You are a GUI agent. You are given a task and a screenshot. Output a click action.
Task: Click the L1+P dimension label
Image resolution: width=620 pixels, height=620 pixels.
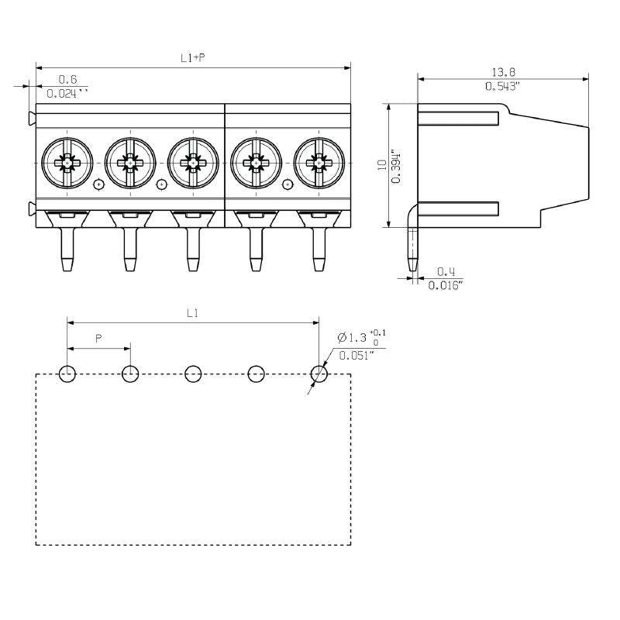tap(192, 58)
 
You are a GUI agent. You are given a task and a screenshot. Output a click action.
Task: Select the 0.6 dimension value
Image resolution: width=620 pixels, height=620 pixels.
tap(68, 79)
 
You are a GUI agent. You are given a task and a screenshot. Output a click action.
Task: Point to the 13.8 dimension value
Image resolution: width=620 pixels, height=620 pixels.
tap(502, 72)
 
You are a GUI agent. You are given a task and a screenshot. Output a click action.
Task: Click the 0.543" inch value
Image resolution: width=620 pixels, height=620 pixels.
tap(502, 86)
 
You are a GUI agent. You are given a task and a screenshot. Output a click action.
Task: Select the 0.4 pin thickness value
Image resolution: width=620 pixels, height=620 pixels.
tap(446, 271)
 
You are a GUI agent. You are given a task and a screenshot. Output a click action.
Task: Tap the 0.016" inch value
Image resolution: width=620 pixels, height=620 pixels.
tap(446, 285)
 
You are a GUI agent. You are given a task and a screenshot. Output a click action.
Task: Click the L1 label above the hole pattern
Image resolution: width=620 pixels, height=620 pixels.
tap(193, 313)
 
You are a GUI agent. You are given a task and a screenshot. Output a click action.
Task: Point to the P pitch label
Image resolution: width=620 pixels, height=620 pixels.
tap(98, 339)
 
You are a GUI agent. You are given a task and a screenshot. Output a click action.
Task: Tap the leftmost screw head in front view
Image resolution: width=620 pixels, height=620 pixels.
tap(67, 163)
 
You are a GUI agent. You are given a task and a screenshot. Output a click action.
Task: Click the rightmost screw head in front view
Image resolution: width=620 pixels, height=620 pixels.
tap(318, 163)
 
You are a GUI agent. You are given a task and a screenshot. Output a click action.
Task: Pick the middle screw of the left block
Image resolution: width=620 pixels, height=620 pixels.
tap(129, 163)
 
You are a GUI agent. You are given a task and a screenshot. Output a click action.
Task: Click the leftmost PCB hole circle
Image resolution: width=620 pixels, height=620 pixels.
tap(67, 375)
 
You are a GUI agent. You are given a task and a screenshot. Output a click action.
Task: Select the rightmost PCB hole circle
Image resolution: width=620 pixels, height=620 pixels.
tap(319, 375)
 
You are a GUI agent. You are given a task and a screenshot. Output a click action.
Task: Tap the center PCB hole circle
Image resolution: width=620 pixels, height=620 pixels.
tap(193, 375)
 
